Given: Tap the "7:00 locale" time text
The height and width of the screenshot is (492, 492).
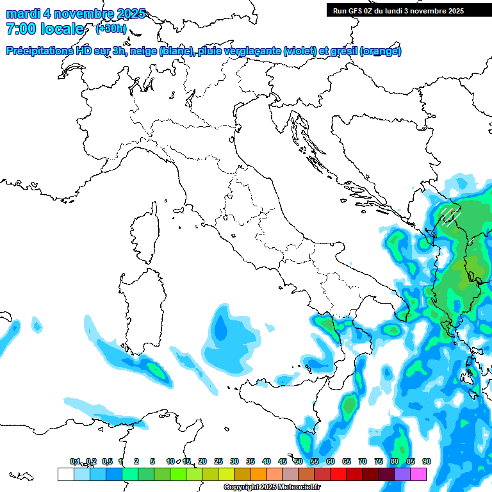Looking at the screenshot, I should click(45, 29).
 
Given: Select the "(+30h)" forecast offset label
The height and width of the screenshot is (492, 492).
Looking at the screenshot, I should click(111, 29).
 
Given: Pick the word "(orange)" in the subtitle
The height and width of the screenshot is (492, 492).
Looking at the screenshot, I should click(381, 51).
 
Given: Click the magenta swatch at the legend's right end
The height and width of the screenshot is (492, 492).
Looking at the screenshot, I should click(418, 474).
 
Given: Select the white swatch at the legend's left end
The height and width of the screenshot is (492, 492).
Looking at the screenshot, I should click(65, 474).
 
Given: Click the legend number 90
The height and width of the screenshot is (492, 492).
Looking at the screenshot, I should click(427, 461).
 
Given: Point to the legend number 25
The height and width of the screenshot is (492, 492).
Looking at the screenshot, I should click(218, 461).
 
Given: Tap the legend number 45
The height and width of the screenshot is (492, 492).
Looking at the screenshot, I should click(283, 461).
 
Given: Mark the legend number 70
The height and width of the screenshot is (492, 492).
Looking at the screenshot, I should click(363, 461).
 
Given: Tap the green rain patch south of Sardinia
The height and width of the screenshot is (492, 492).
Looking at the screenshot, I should click(154, 369).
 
